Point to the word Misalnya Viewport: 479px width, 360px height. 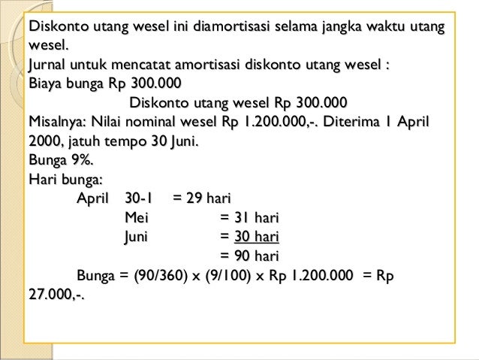[x=57, y=122]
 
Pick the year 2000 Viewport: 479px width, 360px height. [x=45, y=141]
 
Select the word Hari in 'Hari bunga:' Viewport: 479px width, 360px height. [x=42, y=179]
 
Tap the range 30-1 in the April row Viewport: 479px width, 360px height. [x=139, y=198]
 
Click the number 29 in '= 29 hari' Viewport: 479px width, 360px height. [x=194, y=198]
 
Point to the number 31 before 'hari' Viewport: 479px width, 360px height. [x=241, y=218]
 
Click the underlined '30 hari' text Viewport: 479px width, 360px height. [x=256, y=237]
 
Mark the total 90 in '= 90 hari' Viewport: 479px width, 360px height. [x=242, y=256]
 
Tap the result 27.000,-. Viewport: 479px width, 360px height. [x=56, y=295]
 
